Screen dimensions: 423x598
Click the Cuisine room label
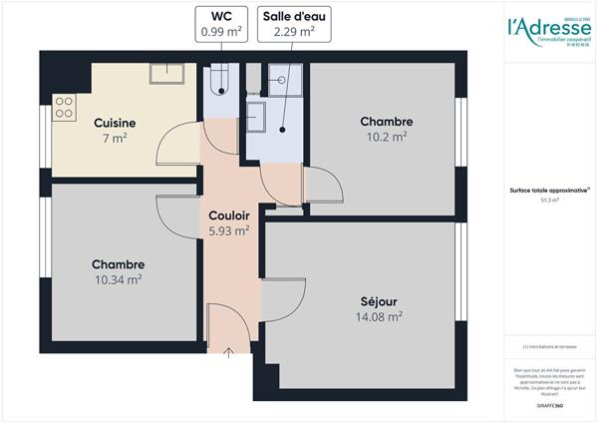tap(115, 123)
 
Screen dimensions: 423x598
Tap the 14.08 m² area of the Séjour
tap(381, 316)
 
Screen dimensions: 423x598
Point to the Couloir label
tap(228, 214)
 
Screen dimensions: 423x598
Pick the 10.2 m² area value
tap(387, 137)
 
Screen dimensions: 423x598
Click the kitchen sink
tap(165, 73)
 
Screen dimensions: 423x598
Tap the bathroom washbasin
tap(255, 116)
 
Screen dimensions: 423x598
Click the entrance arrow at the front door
tap(228, 351)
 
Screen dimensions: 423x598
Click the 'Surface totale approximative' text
tap(549, 190)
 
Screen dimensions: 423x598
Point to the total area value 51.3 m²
tap(549, 200)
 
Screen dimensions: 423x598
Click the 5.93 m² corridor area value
tap(228, 229)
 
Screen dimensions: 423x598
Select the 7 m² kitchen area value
tap(115, 138)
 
